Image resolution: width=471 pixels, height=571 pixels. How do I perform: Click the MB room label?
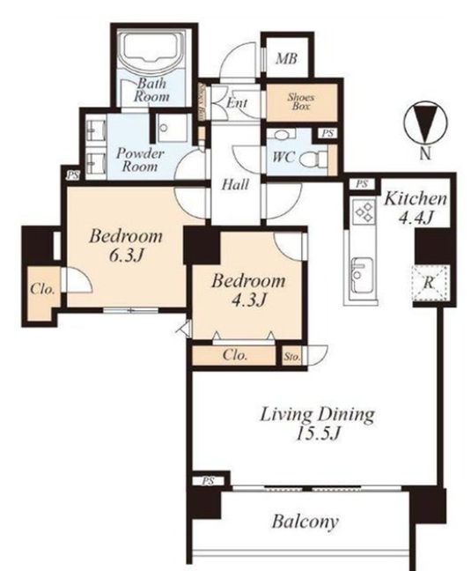[x=286, y=58]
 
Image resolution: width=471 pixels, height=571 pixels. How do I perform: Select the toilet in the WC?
[x=313, y=159]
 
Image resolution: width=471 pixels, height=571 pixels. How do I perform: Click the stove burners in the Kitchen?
[x=364, y=211]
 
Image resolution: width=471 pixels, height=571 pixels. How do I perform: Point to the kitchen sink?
[x=361, y=274]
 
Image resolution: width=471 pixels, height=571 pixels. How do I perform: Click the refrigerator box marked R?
[x=430, y=283]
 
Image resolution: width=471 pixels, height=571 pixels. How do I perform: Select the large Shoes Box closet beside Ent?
[x=301, y=102]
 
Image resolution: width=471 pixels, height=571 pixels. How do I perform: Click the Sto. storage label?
[x=291, y=357]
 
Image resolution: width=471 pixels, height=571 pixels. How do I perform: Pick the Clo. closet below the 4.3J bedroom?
[x=234, y=355]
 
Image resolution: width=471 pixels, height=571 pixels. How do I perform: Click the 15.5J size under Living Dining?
[x=318, y=434]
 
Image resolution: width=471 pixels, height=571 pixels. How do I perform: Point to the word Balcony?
[x=305, y=522]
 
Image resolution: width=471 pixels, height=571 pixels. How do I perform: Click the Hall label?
[x=235, y=185]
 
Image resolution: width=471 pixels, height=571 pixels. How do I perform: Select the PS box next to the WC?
[x=327, y=134]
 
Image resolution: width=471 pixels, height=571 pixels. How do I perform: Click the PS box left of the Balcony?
[x=208, y=481]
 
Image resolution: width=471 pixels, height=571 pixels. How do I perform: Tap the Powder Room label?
[x=140, y=159]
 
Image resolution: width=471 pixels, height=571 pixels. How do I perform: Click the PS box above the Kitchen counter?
[x=362, y=184]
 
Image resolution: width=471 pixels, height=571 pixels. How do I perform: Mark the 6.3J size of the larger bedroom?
[x=126, y=256]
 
